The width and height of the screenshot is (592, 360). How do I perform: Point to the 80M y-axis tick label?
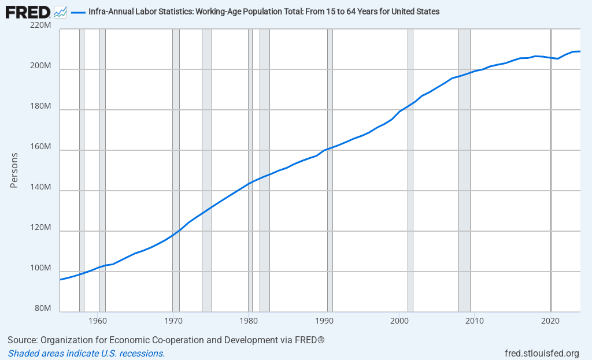42,309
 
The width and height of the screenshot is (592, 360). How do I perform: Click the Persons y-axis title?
14,170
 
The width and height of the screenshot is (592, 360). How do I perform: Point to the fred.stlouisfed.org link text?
542,353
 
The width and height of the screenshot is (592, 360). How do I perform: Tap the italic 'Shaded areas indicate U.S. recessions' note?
86,353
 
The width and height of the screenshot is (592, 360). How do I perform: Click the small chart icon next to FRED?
60,11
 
